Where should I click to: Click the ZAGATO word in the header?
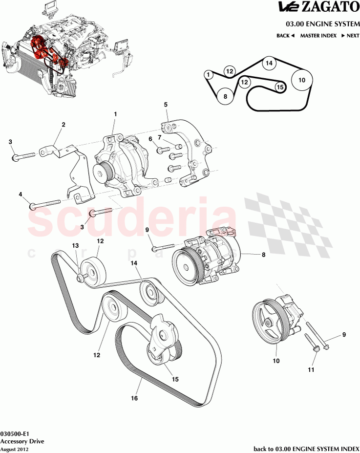[x=331, y=7]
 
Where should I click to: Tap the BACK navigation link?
[x=285, y=36]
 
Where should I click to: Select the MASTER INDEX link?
[x=318, y=36]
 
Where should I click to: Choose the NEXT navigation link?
[x=350, y=36]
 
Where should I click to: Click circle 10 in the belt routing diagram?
[x=302, y=80]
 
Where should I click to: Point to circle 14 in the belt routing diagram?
[x=268, y=63]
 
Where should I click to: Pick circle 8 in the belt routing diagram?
[x=225, y=97]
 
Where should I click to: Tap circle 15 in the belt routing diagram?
[x=279, y=87]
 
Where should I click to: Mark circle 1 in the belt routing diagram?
[x=208, y=75]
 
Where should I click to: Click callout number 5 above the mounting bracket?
[x=166, y=105]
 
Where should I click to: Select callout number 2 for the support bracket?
[x=63, y=125]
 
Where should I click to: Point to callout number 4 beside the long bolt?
[x=21, y=194]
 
